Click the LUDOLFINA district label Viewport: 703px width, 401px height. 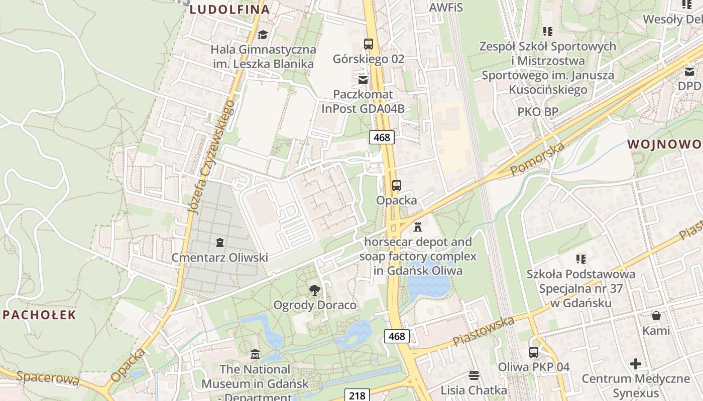coord(230,9)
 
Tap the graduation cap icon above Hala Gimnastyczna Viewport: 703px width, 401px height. coord(263,35)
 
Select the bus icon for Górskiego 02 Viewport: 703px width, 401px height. coord(369,44)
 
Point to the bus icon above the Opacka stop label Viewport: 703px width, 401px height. coord(396,185)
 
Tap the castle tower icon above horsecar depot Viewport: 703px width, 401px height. coord(417,227)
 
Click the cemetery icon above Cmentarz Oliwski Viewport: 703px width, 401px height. coord(219,243)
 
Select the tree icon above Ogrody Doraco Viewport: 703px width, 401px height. coord(315,290)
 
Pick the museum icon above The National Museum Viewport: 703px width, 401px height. coord(255,354)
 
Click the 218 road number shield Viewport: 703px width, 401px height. coord(357,395)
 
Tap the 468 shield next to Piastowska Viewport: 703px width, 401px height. coord(397,336)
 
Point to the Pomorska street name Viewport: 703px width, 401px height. coord(537,158)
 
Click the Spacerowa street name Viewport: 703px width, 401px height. coord(48,378)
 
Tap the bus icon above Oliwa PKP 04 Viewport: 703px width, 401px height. coord(533,352)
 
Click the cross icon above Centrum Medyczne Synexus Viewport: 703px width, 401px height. coord(636,363)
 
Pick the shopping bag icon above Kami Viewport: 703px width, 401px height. coord(656,316)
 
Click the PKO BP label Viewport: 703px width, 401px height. coord(538,112)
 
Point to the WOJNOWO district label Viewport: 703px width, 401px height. coord(664,144)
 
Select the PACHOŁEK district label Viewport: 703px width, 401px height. coord(40,315)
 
